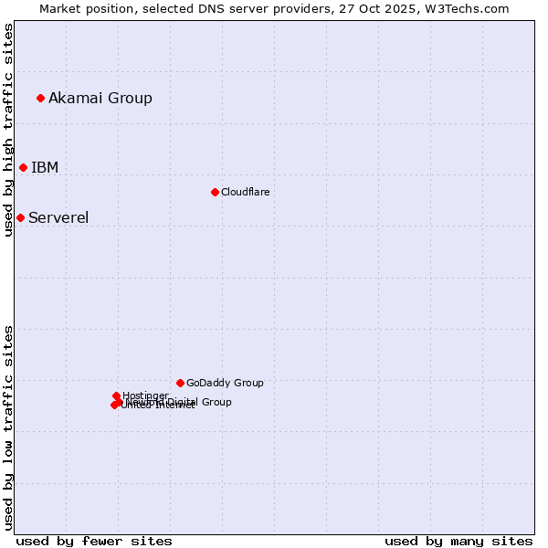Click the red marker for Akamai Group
(40, 98)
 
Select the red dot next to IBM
(23, 167)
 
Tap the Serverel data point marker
(20, 217)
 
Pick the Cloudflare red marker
(215, 192)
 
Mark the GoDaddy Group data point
(180, 383)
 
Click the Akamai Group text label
(100, 98)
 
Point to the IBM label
(45, 167)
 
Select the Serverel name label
(58, 217)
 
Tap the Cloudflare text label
(245, 192)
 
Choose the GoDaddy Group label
(225, 383)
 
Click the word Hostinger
(145, 395)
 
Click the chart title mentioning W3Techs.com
(274, 8)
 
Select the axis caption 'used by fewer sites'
(94, 541)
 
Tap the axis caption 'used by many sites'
(458, 541)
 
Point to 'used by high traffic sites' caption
(8, 130)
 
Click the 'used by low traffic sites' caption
(8, 427)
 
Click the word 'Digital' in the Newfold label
(184, 402)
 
